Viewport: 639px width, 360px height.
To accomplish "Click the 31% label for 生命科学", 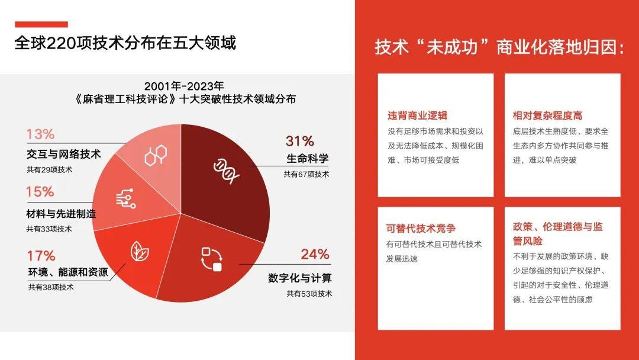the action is coord(299,141).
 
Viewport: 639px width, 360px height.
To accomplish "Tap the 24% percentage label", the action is coord(315,254).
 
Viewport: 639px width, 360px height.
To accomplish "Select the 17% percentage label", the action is coord(41,256).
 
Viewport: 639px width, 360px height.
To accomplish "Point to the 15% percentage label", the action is coord(40,192).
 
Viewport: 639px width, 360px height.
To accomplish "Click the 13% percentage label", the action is coord(40,134).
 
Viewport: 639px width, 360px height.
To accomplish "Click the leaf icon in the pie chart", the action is coord(140,251).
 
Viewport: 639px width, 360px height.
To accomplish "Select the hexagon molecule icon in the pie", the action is coord(156,155).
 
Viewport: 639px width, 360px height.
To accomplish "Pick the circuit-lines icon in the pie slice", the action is coord(126,198).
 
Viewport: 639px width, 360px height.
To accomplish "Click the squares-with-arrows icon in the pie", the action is coord(212,259).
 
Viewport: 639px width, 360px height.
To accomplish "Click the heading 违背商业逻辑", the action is coord(417,116).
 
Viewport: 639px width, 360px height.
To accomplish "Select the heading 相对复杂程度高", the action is coord(547,116).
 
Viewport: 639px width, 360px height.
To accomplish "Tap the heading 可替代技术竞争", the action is coord(421,229).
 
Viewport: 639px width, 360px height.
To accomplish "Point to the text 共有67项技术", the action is coord(306,175).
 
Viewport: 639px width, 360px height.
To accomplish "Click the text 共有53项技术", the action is coord(309,294).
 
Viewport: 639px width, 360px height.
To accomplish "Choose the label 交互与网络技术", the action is coord(63,154).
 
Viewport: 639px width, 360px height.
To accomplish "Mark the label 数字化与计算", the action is coord(300,278).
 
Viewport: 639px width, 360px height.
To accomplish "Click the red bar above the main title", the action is coord(41,24).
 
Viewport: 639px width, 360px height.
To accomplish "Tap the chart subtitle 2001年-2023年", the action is coord(184,86).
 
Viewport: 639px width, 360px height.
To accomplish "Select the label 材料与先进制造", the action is coord(61,214).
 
